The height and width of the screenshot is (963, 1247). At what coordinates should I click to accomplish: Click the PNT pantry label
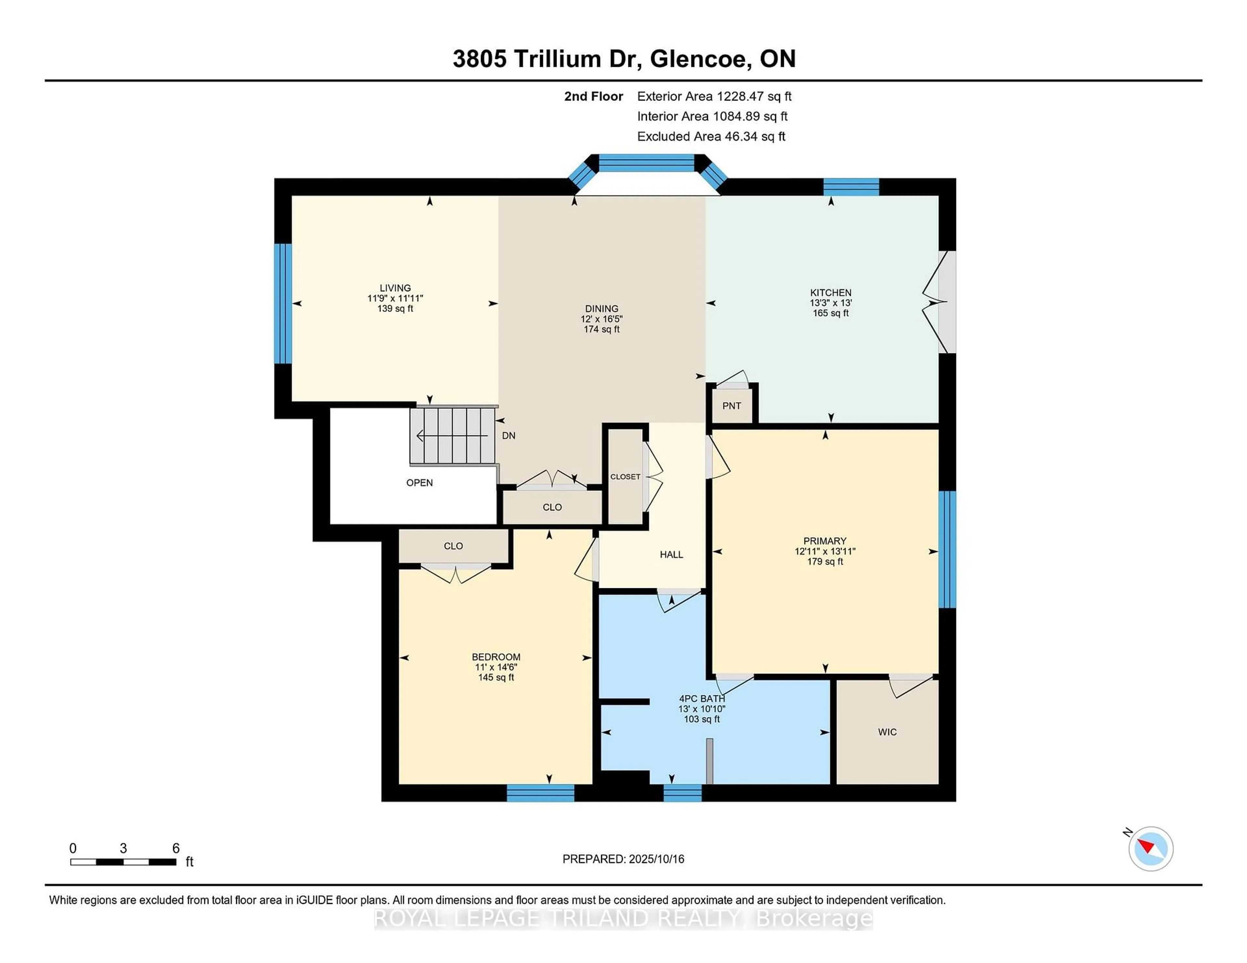(731, 406)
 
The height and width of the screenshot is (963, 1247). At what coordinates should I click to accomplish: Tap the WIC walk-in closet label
(887, 732)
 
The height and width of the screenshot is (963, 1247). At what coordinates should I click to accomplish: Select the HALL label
(672, 555)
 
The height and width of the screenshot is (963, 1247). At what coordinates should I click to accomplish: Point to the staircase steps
(453, 435)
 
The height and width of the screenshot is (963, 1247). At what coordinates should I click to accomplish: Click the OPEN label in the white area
(420, 483)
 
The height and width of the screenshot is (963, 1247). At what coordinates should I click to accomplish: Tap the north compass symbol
(1151, 848)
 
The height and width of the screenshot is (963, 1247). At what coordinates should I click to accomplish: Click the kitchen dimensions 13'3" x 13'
(831, 303)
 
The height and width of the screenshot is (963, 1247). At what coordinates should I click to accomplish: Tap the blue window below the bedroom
(541, 793)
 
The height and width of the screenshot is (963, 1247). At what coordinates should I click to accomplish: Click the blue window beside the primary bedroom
(947, 549)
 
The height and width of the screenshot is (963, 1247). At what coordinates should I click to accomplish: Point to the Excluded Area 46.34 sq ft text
(712, 136)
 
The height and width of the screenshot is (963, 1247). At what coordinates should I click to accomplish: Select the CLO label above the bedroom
(453, 546)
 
